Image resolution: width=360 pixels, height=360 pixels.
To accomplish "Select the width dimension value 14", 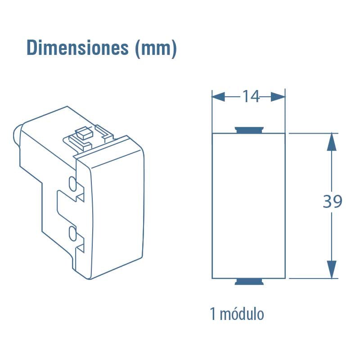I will [251, 96].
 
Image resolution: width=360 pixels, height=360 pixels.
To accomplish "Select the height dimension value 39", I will [333, 202].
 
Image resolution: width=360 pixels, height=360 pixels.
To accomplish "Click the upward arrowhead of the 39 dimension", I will [331, 142].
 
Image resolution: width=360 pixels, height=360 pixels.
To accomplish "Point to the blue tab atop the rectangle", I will [249, 130].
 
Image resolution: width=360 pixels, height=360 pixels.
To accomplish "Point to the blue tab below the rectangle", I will [249, 282].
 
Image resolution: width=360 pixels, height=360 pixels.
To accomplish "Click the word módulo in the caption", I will [242, 314].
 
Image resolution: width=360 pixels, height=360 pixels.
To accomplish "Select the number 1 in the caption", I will [212, 314].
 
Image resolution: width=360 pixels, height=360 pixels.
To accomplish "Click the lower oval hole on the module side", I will [72, 233].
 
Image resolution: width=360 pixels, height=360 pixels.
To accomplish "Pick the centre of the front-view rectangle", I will [248, 206].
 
